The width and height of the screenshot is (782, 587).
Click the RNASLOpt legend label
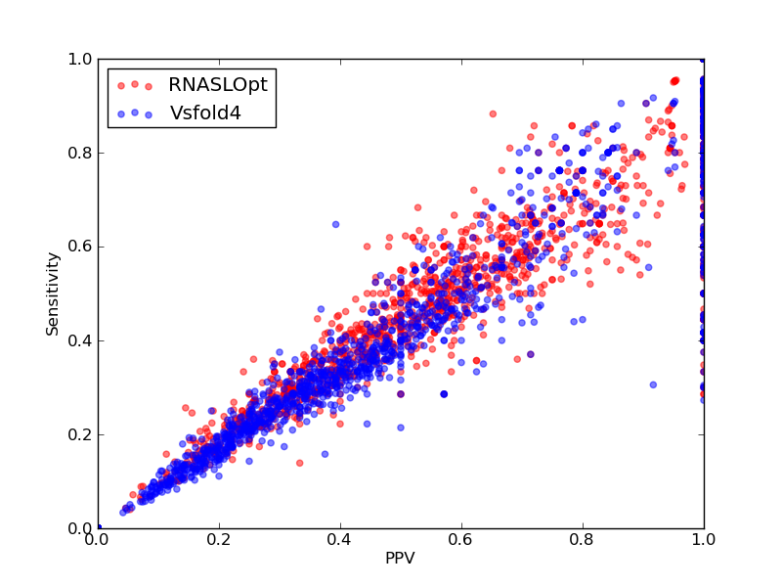pos(218,85)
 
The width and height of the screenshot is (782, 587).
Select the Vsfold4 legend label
pos(205,113)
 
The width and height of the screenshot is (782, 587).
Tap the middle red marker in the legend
pos(135,84)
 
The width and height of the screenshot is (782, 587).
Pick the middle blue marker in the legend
pos(135,113)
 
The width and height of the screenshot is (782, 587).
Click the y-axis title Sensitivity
pos(53,294)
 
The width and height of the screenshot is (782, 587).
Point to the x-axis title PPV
pos(400,558)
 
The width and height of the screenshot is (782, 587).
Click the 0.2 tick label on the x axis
pos(219,540)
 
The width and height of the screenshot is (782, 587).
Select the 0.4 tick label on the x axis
pos(340,540)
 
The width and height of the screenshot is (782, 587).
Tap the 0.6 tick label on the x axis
pos(461,540)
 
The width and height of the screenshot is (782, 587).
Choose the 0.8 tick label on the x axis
pos(583,540)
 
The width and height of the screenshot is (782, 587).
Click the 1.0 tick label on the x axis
pos(704,540)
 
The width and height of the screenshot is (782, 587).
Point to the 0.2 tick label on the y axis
pos(80,434)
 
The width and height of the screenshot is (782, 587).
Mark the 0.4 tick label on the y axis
pos(80,340)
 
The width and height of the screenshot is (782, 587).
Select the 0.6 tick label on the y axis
pos(80,247)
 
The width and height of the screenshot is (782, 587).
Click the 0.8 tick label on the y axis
pos(80,153)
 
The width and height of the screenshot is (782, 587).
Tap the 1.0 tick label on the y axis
pos(80,59)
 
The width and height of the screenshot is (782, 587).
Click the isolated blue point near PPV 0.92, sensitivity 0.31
pos(653,384)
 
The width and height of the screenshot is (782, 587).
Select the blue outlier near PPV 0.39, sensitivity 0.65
pos(335,225)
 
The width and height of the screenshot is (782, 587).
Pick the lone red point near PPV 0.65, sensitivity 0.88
pos(493,113)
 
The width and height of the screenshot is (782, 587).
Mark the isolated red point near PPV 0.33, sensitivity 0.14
pos(299,463)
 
